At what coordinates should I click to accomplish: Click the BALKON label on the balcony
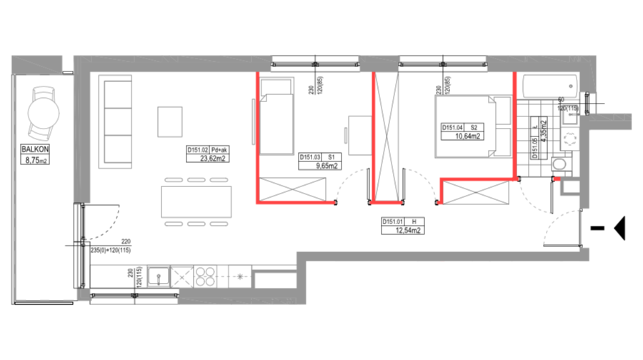(x=35, y=149)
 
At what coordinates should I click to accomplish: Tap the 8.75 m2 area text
(x=35, y=160)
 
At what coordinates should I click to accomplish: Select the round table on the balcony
(x=43, y=113)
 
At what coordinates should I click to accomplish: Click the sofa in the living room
(x=116, y=121)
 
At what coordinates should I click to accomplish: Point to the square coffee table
(x=170, y=121)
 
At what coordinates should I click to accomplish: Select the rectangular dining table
(x=196, y=201)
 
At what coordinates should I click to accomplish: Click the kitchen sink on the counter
(x=159, y=276)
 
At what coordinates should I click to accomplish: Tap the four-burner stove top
(x=205, y=276)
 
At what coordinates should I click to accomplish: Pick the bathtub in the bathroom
(x=549, y=86)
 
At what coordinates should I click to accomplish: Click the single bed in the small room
(x=276, y=116)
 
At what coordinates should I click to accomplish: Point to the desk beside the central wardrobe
(x=359, y=134)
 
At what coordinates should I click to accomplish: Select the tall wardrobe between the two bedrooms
(x=387, y=136)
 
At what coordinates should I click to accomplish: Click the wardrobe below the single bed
(x=292, y=189)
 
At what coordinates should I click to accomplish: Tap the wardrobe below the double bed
(x=476, y=191)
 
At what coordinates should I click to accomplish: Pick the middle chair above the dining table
(x=196, y=180)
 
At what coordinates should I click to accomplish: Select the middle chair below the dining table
(x=196, y=224)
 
